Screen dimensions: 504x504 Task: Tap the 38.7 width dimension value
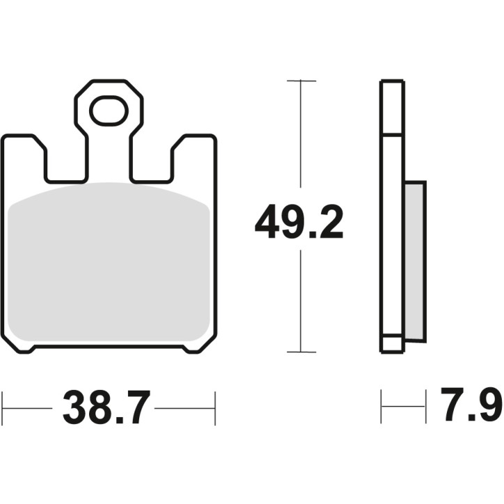pyautogui.click(x=107, y=408)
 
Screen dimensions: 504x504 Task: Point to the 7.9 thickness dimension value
pyautogui.click(x=471, y=408)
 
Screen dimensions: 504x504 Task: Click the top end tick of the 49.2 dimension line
pyautogui.click(x=300, y=81)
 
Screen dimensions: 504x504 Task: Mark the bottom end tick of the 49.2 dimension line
pyautogui.click(x=300, y=352)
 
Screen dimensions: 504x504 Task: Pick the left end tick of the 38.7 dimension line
pyautogui.click(x=3, y=408)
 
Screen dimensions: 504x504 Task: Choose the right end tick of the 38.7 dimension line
pyautogui.click(x=215, y=408)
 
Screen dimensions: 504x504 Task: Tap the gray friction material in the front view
pyautogui.click(x=111, y=265)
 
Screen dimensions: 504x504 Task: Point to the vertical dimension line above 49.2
pyautogui.click(x=300, y=139)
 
